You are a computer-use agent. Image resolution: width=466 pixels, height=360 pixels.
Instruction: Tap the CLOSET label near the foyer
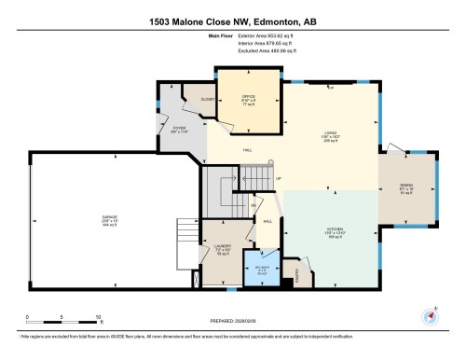pos(208,98)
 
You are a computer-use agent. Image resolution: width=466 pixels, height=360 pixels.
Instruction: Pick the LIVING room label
pos(329,132)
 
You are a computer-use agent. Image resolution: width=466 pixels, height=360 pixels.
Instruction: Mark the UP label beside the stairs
pos(279,179)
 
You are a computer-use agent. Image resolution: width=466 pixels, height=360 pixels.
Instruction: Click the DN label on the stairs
pos(253,206)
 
